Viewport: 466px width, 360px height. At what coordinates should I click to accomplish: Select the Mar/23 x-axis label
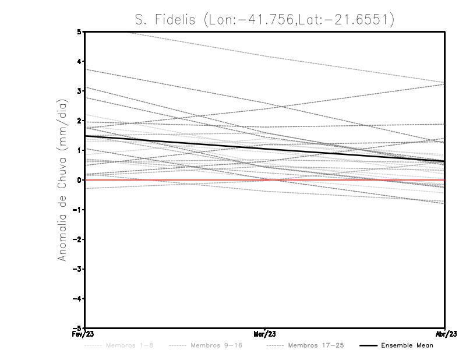tap(264, 334)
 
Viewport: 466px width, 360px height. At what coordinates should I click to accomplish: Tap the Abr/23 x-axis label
tap(445, 334)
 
